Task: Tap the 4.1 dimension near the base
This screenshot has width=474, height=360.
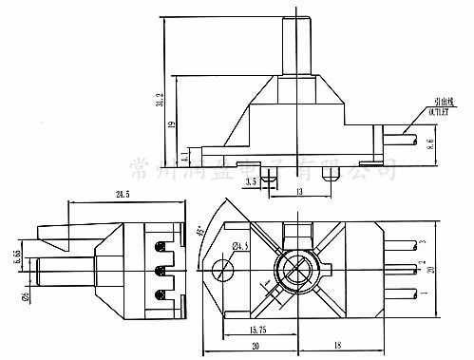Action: coord(182,153)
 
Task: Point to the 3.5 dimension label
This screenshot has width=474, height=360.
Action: coord(251,180)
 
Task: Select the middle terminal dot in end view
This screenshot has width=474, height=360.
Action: coord(161,269)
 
